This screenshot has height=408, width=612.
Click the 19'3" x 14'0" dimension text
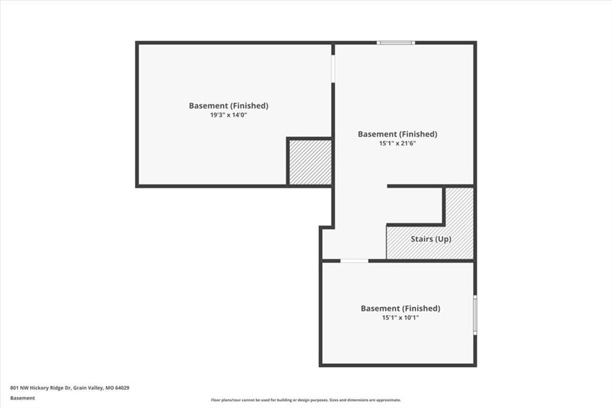229,115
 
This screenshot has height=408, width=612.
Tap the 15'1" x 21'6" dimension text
397,144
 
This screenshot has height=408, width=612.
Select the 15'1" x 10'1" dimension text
400,318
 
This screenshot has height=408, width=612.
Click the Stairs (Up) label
431,239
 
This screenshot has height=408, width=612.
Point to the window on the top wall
396,42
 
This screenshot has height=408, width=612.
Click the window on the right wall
475,315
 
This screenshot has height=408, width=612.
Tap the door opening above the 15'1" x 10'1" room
354,261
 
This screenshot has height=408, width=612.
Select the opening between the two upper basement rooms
333,68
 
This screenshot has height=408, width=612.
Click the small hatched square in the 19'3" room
310,162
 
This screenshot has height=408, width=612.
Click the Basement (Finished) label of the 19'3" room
229,105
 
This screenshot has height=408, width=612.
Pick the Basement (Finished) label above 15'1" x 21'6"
397,134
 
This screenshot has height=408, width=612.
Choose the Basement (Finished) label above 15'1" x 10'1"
400,308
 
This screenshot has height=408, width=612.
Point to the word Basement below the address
22,398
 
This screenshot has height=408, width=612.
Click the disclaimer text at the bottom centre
306,400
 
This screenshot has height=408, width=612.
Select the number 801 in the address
14,388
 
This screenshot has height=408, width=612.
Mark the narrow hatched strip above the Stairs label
460,206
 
